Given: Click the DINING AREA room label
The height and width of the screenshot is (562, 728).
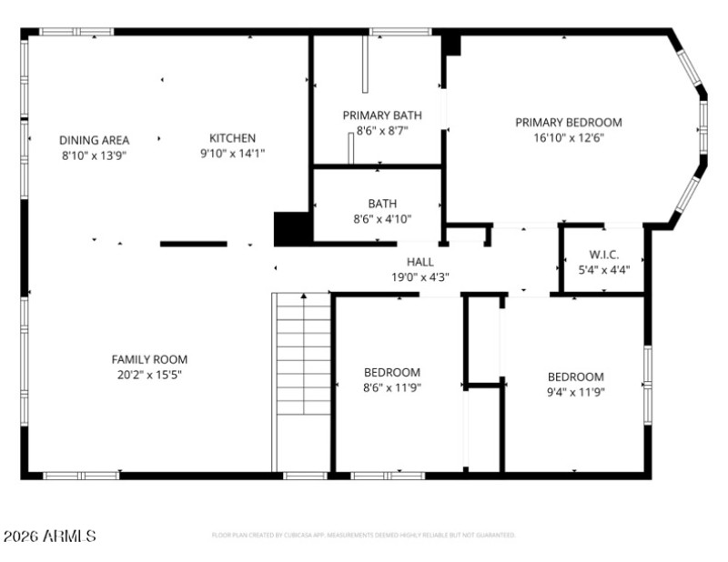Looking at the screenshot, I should [x=94, y=140].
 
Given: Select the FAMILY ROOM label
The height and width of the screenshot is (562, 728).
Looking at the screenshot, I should [x=149, y=359].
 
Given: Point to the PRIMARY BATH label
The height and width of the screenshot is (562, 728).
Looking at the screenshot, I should [x=382, y=115].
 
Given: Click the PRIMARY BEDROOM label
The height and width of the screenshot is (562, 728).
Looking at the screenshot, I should [x=569, y=123].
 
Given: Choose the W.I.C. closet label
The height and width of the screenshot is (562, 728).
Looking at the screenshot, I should [x=603, y=255].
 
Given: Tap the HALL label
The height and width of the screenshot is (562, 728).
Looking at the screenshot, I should [x=420, y=262].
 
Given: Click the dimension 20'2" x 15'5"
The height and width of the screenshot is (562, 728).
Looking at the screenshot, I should [x=149, y=375].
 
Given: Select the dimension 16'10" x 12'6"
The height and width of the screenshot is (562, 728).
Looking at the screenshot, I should [x=569, y=138].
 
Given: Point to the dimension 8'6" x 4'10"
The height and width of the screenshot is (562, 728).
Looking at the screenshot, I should [x=382, y=219].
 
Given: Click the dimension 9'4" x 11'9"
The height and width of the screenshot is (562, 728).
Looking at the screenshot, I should [x=575, y=392].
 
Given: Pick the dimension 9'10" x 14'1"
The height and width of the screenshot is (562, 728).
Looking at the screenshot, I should [x=232, y=154].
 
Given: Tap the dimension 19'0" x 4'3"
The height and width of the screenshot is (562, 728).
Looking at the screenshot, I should [x=420, y=277].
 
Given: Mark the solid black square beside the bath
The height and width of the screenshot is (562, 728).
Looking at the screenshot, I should [x=292, y=227].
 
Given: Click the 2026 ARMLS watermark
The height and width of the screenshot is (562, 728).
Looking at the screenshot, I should [x=50, y=537].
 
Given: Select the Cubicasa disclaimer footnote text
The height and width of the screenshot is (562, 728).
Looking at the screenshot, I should [x=363, y=536].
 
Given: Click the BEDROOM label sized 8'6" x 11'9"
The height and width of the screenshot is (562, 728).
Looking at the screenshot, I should [x=392, y=372].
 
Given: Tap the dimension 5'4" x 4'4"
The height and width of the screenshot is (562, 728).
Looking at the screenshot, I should [x=603, y=269].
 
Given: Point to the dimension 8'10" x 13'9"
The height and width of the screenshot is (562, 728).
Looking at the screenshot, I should [x=94, y=156].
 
